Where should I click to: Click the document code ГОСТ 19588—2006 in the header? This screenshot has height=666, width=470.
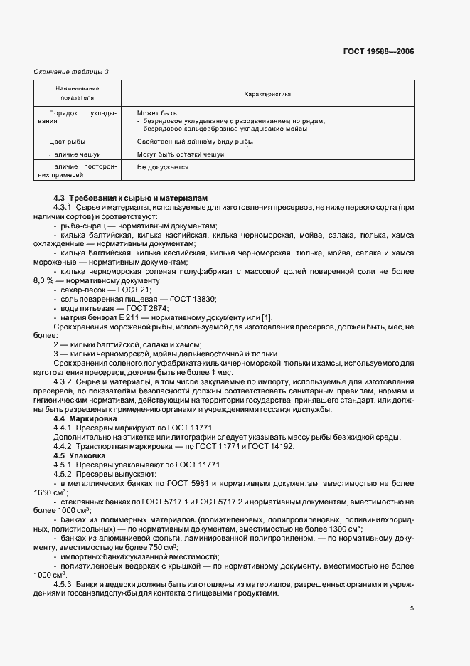point(378,52)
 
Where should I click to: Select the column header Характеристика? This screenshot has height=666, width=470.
point(267,93)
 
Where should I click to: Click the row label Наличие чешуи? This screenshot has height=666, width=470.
point(75,154)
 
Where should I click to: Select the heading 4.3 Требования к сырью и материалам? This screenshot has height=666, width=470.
point(130,197)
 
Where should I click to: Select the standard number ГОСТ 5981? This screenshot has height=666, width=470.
point(199,483)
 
